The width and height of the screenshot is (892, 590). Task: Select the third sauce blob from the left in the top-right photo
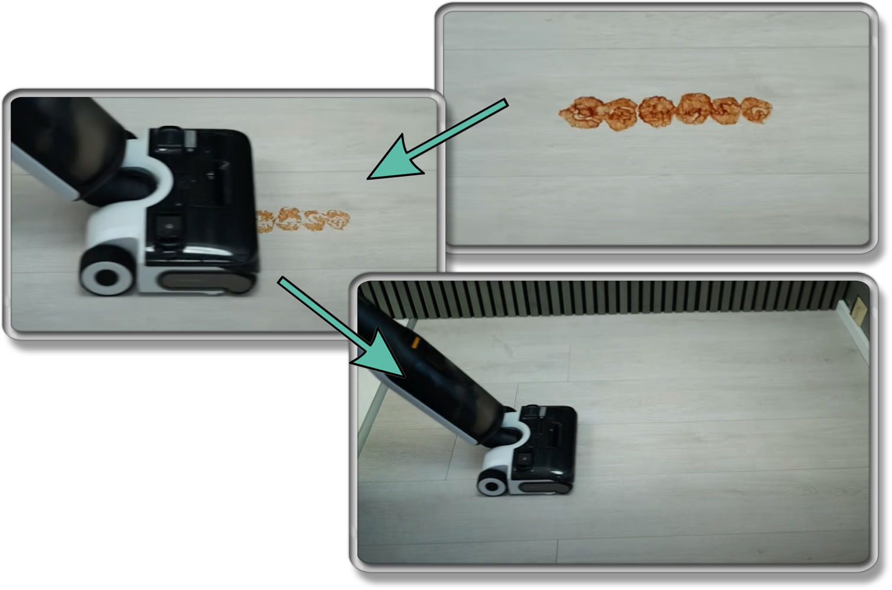[x=656, y=111]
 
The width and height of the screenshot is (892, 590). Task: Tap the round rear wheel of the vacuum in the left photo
[x=107, y=276]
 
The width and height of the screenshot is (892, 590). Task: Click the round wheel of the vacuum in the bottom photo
[x=491, y=485]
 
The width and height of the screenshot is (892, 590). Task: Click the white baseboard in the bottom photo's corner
[x=854, y=331]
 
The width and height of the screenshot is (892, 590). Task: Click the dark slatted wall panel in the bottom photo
[x=591, y=298]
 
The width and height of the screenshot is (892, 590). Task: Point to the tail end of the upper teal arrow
[x=505, y=103]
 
